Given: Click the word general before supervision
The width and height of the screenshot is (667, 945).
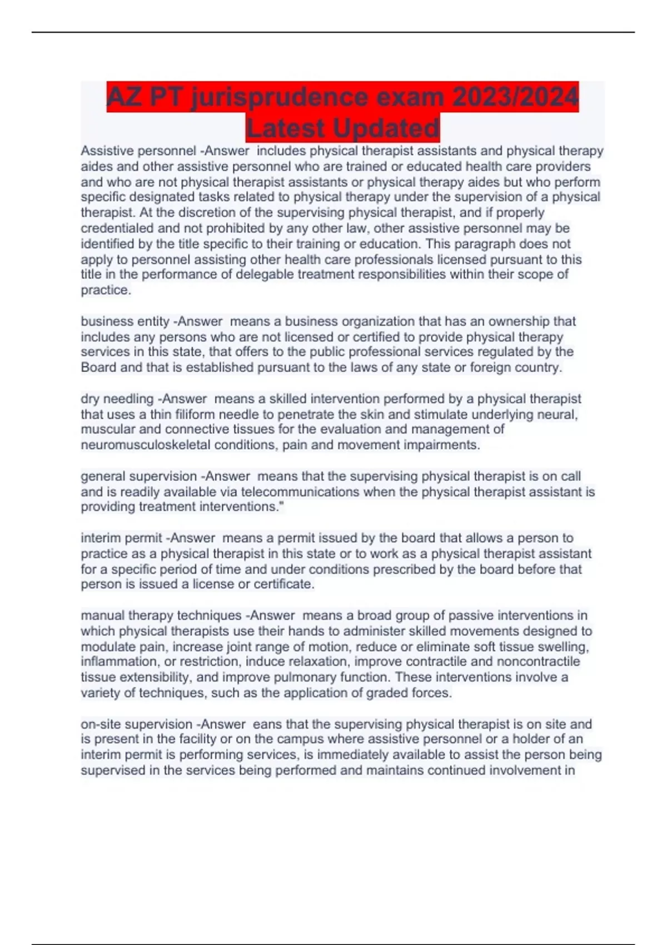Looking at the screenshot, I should [103, 476].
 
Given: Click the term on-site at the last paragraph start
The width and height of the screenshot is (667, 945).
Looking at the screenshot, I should [101, 724].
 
